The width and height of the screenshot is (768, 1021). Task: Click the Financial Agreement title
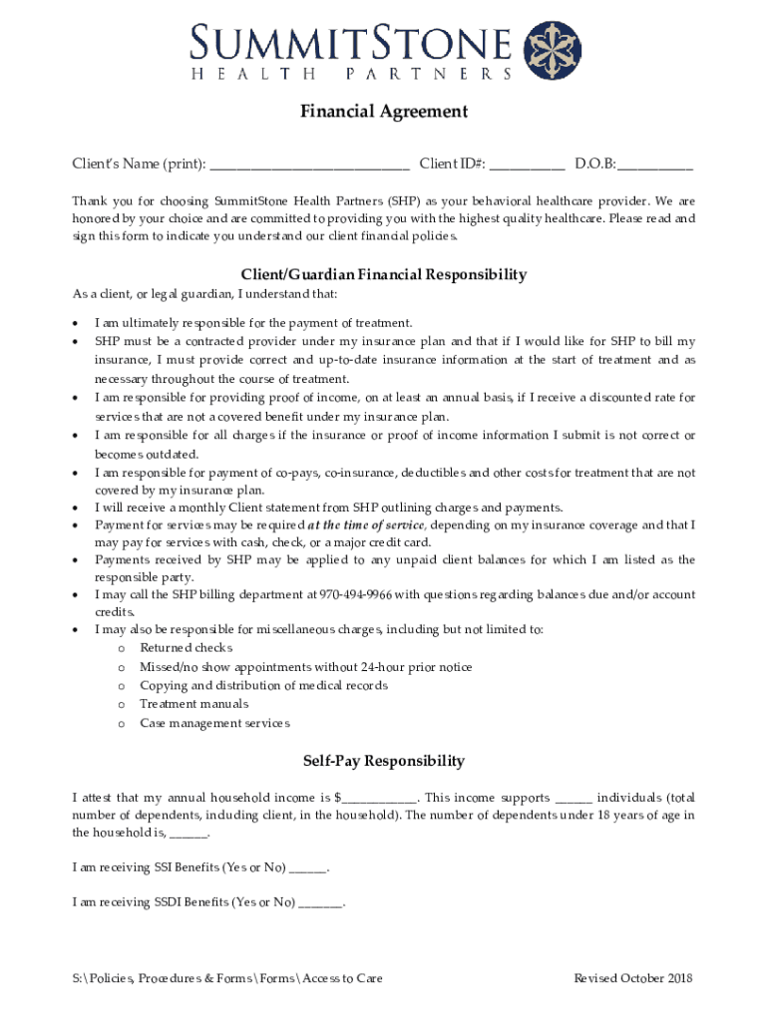(384, 112)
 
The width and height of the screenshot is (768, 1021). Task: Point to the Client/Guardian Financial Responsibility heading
(384, 274)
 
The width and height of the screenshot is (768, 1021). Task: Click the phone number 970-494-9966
(356, 595)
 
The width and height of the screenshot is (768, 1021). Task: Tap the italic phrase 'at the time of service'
(367, 525)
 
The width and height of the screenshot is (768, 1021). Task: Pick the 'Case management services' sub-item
(214, 723)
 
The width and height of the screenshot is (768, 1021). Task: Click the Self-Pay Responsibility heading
(384, 761)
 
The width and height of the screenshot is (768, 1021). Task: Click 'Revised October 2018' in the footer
(632, 978)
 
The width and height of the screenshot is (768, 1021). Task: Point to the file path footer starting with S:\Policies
(227, 978)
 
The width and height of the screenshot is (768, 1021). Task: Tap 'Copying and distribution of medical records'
(263, 686)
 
